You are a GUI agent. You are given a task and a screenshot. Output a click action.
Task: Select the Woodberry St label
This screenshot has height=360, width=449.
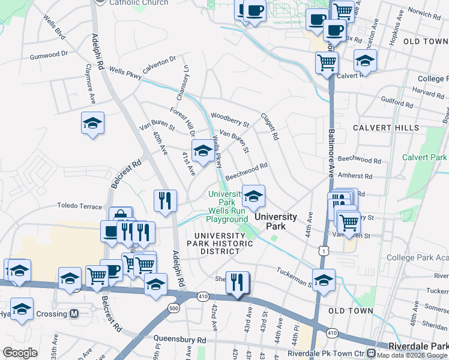click(x=229, y=119)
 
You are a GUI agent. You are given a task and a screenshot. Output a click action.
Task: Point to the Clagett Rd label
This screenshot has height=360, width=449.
click(x=269, y=127)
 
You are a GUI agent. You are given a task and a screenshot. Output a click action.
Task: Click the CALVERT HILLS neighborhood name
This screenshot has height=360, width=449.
click(x=386, y=128)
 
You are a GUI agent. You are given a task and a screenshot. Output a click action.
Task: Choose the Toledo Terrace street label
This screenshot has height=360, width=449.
click(x=80, y=206)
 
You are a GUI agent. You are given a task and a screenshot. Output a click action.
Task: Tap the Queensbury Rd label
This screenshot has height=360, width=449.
click(x=179, y=340)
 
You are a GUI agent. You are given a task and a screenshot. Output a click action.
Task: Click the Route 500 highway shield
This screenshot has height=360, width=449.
click(x=174, y=308)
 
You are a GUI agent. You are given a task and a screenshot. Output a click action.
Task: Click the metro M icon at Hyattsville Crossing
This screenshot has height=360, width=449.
click(x=74, y=314)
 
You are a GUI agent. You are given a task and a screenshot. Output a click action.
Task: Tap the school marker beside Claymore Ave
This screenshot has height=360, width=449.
click(x=92, y=123)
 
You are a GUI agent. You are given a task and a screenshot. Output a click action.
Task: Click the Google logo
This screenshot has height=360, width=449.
click(x=20, y=353)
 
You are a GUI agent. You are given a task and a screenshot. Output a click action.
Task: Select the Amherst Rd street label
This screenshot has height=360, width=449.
click(x=355, y=176)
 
